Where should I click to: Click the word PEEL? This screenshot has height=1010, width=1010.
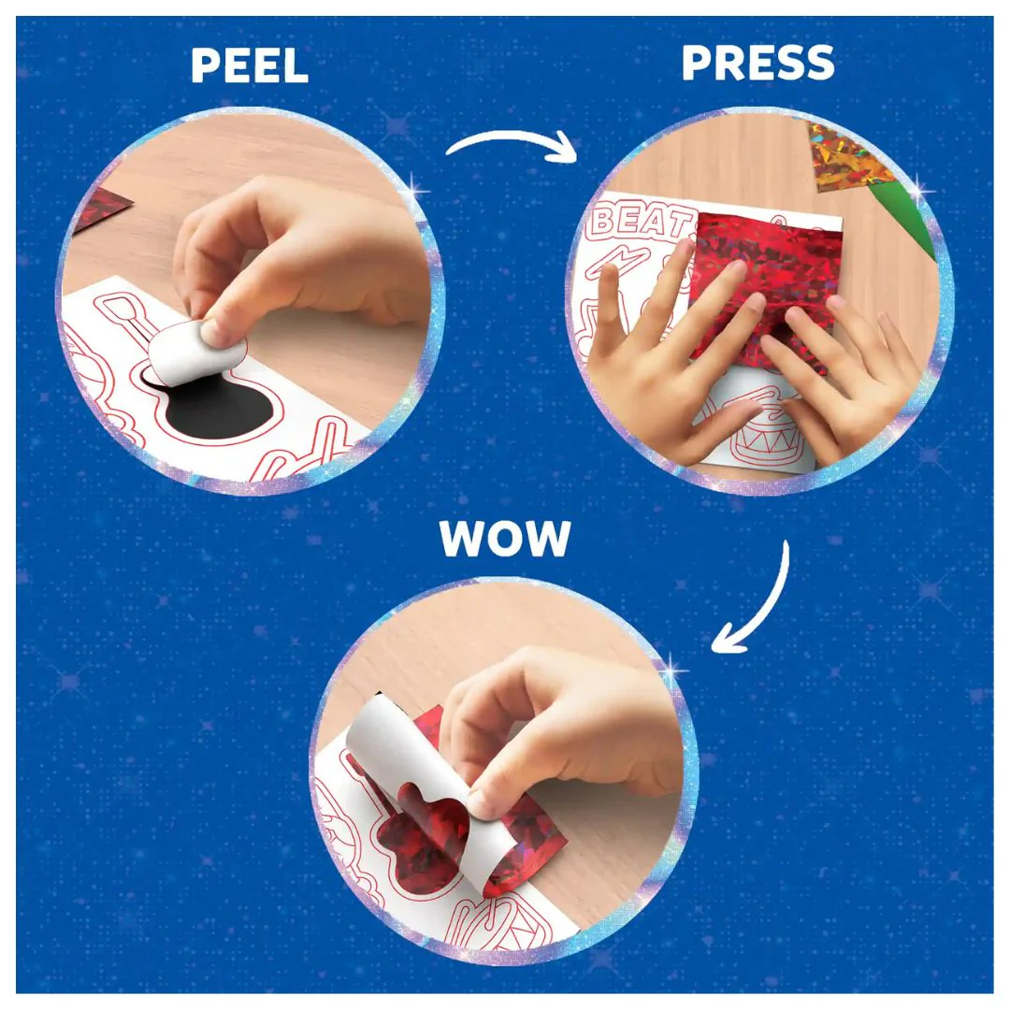click(250, 65)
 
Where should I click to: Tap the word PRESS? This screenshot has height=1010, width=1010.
click(757, 63)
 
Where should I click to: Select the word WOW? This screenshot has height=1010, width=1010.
click(505, 538)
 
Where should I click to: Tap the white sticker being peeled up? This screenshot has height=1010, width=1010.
click(194, 351)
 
